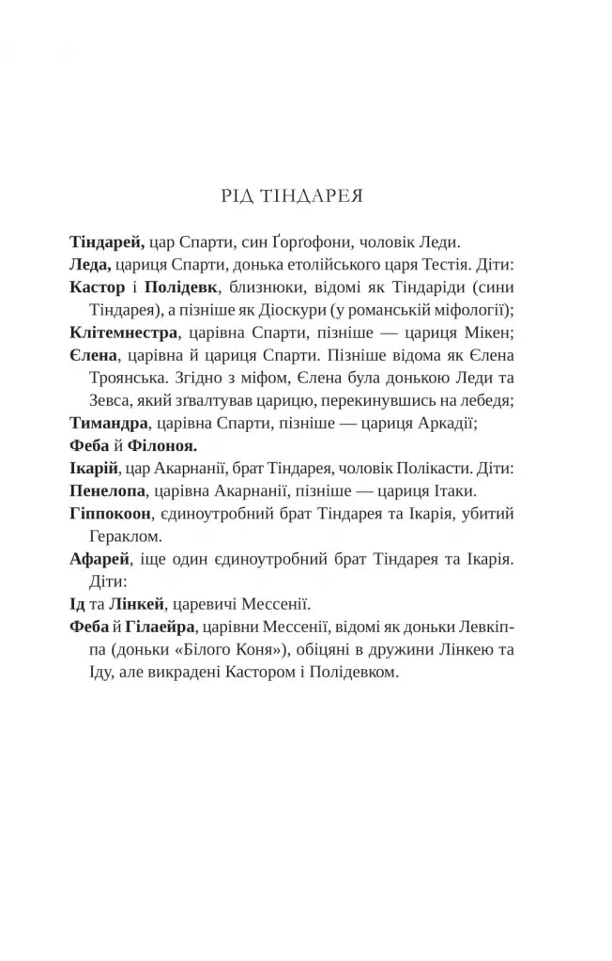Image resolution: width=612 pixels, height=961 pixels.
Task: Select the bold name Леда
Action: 90,264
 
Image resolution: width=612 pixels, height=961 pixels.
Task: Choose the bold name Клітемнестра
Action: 123,332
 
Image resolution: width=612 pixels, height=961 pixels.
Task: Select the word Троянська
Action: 135,378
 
